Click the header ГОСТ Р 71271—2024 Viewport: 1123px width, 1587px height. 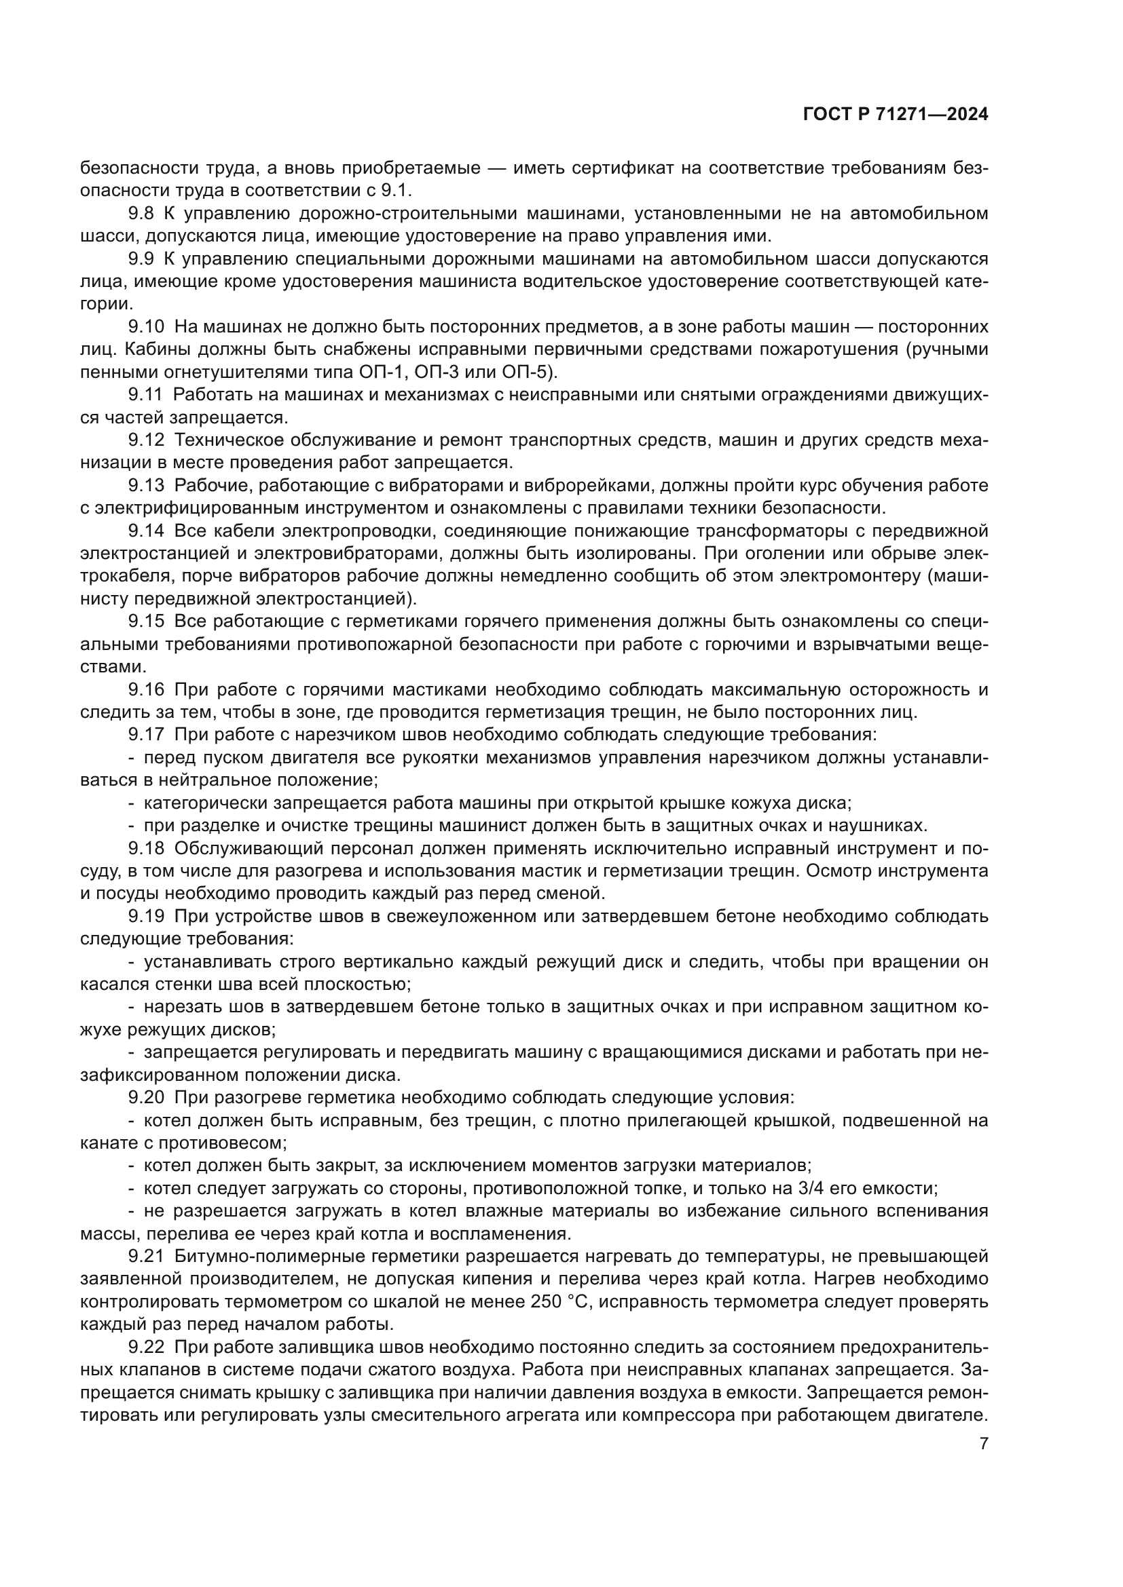coord(896,115)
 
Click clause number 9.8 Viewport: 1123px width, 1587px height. coord(141,214)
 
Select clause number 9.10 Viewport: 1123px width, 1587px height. coord(146,326)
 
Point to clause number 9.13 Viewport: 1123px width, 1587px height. coord(146,485)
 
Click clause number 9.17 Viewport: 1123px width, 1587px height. coord(146,735)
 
